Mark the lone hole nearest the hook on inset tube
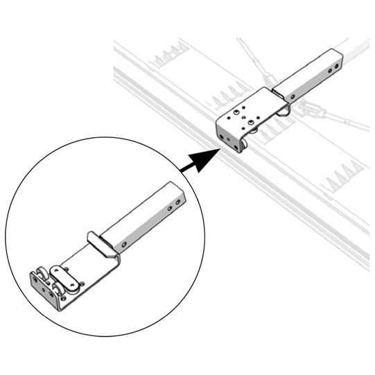(x=124, y=245)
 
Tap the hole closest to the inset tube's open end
(x=177, y=202)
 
